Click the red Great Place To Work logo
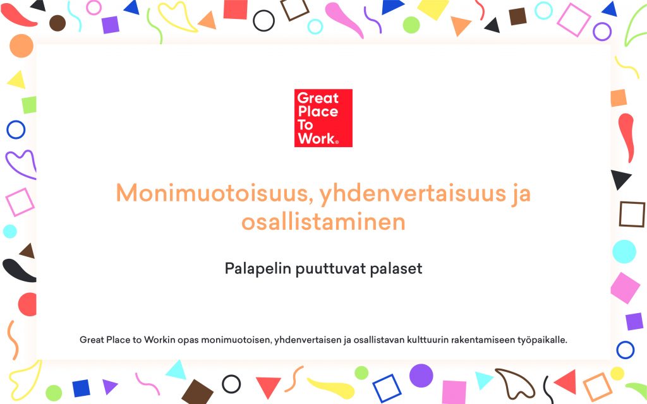click(323, 118)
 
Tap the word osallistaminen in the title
click(323, 222)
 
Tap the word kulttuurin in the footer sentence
click(427, 340)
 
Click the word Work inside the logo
click(317, 138)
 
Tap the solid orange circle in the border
click(21, 45)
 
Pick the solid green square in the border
click(29, 105)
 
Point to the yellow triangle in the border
click(17, 80)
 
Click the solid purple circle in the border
click(421, 376)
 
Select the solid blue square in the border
click(82, 388)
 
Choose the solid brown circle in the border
click(57, 23)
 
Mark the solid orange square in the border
click(619, 98)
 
